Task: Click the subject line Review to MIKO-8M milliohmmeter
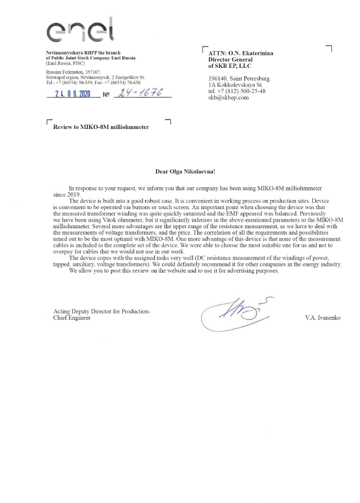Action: pos(101,127)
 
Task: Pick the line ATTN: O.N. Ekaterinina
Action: pos(241,53)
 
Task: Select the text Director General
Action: pos(230,59)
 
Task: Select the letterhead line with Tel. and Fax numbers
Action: pos(93,82)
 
